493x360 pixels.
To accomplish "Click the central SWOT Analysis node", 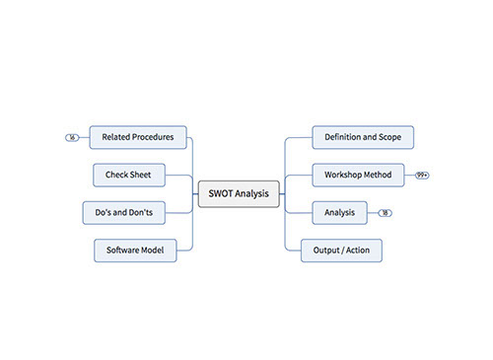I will [239, 193].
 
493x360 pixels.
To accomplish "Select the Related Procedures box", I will [138, 137].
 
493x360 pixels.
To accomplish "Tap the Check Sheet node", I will [128, 175].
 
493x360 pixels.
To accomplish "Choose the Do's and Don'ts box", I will [123, 212].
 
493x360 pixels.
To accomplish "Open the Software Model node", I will [135, 251].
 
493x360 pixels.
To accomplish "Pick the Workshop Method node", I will [358, 175].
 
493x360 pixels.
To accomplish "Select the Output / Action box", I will [341, 251].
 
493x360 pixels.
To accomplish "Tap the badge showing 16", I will [72, 137].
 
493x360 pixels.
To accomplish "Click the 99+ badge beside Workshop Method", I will [422, 175].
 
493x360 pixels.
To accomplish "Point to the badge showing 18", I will [385, 212].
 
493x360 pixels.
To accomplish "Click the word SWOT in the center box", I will [221, 193].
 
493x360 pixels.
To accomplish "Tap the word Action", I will [357, 251].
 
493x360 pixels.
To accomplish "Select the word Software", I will [122, 251].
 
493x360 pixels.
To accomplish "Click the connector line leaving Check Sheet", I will [177, 175].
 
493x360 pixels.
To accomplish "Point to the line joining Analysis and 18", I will [373, 212].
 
